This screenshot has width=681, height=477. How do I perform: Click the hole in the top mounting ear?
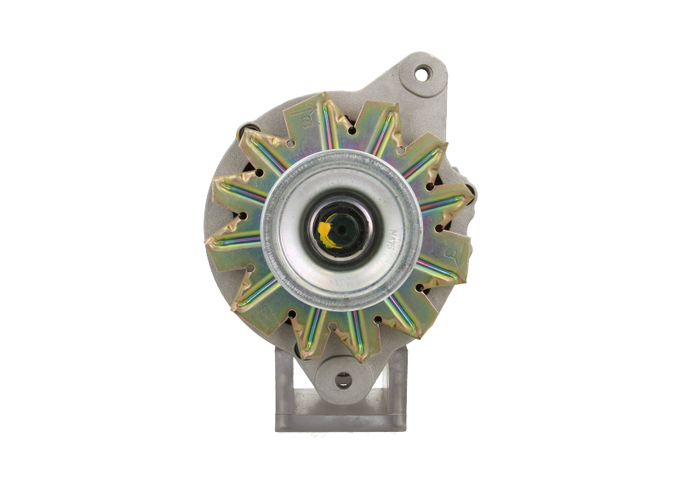pos(423,73)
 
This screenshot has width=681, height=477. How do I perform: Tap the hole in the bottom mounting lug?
pos(341,379)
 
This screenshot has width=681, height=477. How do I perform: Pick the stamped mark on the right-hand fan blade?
pos(452,253)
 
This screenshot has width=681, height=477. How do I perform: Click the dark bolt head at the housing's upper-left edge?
pos(249,128)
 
